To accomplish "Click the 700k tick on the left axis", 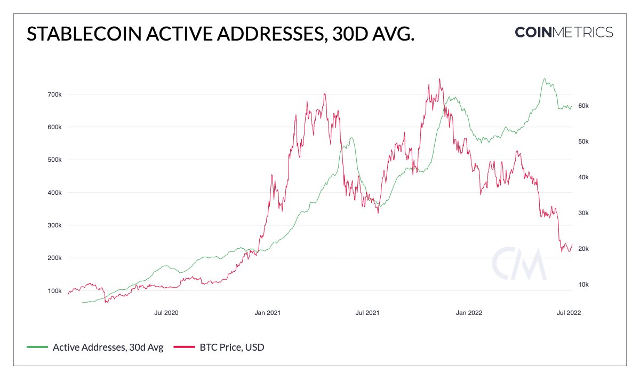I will [x=55, y=94].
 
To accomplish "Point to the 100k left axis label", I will [x=55, y=291].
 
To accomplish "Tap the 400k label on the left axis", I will [x=55, y=193].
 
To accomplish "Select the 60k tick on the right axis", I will [x=583, y=106].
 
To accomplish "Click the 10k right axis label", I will [x=583, y=285].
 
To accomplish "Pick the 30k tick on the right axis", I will [x=583, y=213].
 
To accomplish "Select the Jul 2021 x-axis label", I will [x=367, y=313].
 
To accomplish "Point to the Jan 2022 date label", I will [x=470, y=313].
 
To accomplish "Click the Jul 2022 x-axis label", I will [x=569, y=313].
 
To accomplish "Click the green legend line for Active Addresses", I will [x=37, y=348].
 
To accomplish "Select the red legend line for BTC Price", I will [x=183, y=348].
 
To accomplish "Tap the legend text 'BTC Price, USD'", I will [x=232, y=348].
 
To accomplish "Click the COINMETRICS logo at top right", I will [x=564, y=32].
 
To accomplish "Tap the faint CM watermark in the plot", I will [x=519, y=263].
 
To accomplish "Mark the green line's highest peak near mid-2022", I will [x=544, y=79].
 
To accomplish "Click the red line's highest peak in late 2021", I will [x=439, y=79].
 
